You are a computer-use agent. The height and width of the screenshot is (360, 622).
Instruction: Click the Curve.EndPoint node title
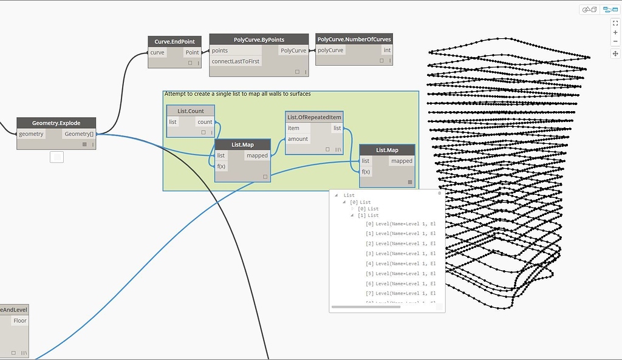pos(175,42)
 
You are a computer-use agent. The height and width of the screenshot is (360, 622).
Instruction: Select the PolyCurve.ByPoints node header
pos(259,39)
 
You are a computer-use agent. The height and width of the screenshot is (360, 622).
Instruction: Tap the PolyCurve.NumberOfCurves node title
pos(354,39)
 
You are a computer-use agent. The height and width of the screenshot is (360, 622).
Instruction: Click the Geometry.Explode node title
pos(56,123)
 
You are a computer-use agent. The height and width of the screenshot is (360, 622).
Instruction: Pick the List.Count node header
pos(191,111)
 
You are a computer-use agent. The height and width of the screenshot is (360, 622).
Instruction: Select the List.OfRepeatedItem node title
pos(314,117)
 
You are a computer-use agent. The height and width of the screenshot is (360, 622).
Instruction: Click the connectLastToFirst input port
pos(236,62)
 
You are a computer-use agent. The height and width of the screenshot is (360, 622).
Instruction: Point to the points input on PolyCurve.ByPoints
pos(220,51)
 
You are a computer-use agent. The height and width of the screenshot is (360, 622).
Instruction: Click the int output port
pos(387,50)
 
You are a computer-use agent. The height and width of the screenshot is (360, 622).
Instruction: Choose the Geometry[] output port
pos(78,134)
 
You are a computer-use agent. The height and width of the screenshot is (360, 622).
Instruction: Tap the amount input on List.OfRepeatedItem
pos(298,139)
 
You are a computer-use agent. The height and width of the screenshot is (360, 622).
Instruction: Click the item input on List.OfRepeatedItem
pos(294,128)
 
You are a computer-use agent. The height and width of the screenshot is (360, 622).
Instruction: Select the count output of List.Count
pos(205,122)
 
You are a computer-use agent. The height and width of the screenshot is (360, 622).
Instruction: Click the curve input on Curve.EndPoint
pos(157,53)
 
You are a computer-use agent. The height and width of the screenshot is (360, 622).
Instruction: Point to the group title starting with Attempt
pos(238,94)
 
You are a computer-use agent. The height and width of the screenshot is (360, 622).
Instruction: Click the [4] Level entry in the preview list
pos(400,263)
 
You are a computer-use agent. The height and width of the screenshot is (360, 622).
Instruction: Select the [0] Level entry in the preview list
pos(400,223)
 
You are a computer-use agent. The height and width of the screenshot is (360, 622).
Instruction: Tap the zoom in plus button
pos(615,33)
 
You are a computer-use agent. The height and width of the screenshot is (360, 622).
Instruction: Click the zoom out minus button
pos(615,42)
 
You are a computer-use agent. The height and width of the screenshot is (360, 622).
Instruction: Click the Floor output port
pos(20,321)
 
